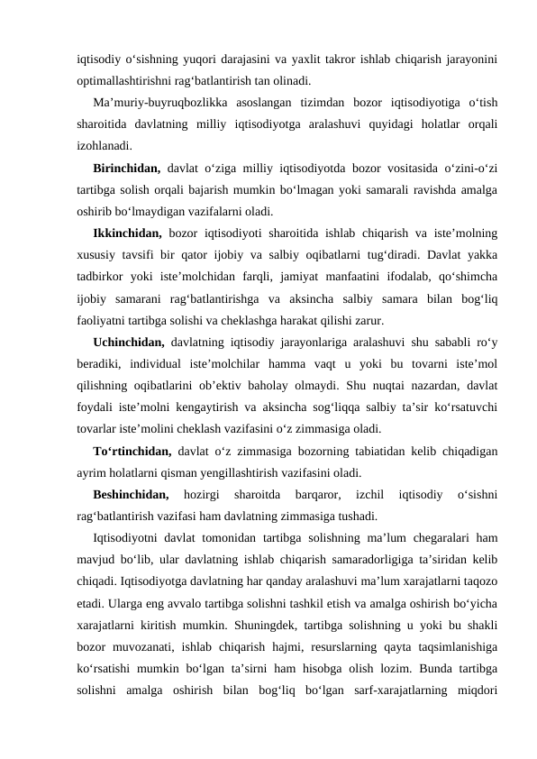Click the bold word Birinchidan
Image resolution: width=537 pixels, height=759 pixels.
[x=126, y=168]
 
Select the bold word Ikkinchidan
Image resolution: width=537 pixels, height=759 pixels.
[x=127, y=233]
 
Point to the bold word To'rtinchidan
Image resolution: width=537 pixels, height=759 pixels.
[x=132, y=451]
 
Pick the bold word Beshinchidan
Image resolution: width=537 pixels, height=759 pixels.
[x=131, y=494]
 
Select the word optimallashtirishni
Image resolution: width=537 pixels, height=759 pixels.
[x=132, y=80]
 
